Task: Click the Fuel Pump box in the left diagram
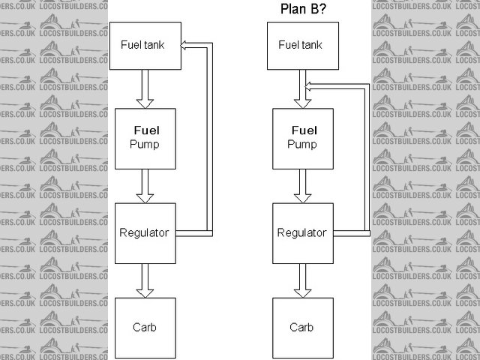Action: (144, 138)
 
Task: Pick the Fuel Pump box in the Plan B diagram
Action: (301, 138)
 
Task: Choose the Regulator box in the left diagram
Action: (144, 232)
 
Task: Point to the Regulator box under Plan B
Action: (301, 232)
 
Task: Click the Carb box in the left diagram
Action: (144, 328)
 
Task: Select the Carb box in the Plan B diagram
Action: (301, 328)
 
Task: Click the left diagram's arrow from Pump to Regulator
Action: (144, 185)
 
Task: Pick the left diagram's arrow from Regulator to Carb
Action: (144, 280)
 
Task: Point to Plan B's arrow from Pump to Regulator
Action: (301, 185)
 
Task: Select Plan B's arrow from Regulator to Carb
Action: (301, 280)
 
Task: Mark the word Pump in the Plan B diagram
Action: (301, 144)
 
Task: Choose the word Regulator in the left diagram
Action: (144, 232)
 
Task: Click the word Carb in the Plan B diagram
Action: (301, 328)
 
